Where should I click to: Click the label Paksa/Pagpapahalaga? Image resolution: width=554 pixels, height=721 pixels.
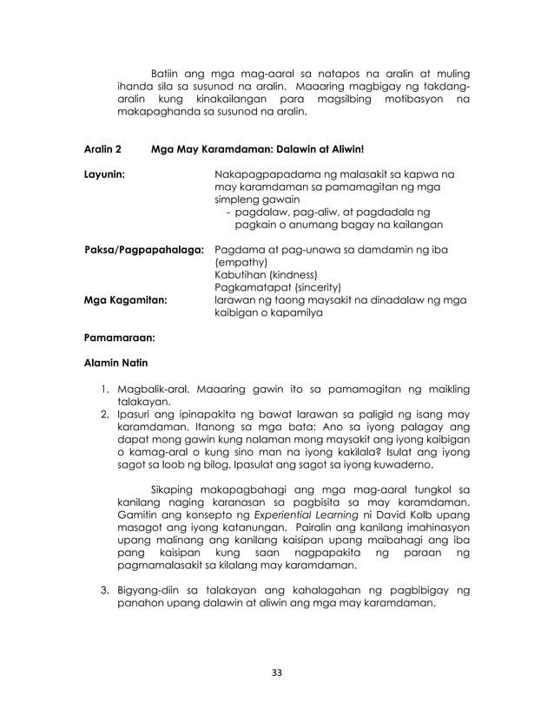click(144, 250)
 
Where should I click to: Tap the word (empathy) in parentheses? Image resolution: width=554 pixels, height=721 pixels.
click(240, 263)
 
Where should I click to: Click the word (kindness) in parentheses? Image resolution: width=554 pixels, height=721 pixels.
click(293, 275)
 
